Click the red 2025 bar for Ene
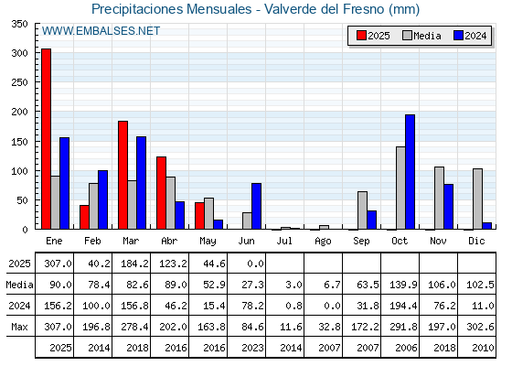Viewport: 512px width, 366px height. click(x=46, y=139)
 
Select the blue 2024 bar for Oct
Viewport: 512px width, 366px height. click(x=411, y=172)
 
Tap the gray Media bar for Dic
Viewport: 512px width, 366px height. click(x=477, y=199)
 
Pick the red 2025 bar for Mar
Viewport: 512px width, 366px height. click(x=123, y=175)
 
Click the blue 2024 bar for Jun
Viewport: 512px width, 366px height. click(x=256, y=206)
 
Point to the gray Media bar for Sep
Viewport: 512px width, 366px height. click(x=362, y=210)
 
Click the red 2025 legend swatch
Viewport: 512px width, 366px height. click(x=361, y=36)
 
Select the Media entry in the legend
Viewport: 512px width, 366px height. click(x=421, y=36)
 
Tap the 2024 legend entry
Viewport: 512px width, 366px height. click(x=470, y=36)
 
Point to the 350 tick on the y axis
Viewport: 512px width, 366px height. click(x=19, y=24)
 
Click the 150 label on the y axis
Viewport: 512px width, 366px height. click(x=19, y=142)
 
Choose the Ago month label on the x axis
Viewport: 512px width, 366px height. click(x=323, y=242)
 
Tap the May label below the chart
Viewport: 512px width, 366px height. click(x=208, y=242)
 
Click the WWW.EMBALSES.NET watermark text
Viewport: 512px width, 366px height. click(x=101, y=31)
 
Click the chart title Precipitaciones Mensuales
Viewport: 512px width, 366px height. click(x=172, y=9)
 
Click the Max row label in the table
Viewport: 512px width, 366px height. click(x=19, y=327)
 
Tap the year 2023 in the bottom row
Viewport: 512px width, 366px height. click(x=252, y=348)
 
